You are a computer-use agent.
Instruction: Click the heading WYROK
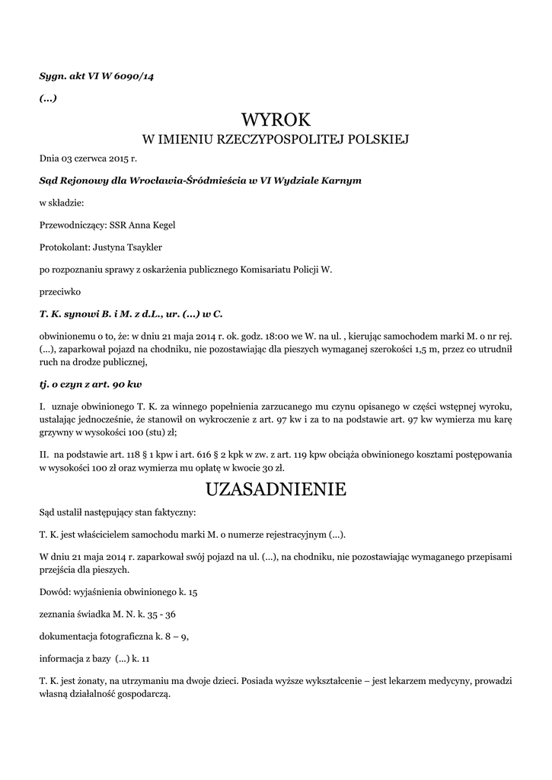(x=276, y=120)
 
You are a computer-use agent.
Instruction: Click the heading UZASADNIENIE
(x=276, y=489)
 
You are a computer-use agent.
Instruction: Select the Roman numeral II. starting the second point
(x=44, y=455)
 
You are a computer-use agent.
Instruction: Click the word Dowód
(x=56, y=591)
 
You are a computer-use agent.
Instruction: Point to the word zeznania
(x=59, y=614)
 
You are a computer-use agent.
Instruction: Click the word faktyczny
(x=173, y=511)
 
